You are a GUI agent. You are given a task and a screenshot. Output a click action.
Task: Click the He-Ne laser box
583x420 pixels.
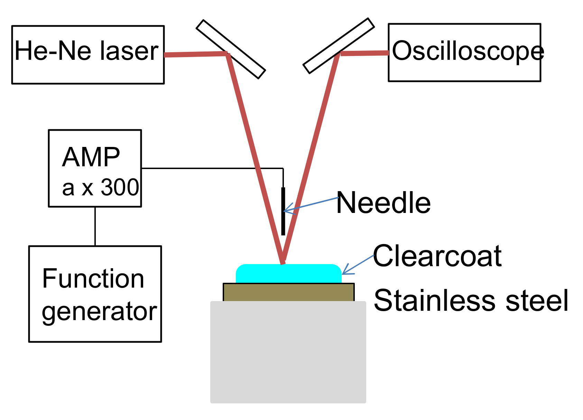(88, 55)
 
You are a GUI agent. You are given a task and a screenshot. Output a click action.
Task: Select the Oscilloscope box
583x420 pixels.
(464, 53)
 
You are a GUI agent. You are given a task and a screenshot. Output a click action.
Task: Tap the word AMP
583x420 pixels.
(91, 157)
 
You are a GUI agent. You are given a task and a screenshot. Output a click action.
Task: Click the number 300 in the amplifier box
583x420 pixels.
(120, 188)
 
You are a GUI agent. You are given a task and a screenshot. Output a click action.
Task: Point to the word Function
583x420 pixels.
(93, 279)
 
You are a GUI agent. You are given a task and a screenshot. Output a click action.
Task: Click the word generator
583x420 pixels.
(99, 311)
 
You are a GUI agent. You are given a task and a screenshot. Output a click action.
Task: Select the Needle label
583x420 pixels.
(383, 203)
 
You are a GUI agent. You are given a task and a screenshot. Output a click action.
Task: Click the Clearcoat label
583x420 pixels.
(437, 256)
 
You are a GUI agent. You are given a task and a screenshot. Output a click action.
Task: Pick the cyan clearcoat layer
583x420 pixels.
(288, 274)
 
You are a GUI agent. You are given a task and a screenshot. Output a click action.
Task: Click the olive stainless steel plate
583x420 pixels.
(288, 292)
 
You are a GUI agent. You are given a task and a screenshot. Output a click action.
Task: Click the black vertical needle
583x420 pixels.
(283, 221)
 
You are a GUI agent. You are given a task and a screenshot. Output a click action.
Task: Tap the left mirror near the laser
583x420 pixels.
(231, 49)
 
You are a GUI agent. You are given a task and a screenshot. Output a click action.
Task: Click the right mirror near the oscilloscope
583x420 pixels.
(339, 46)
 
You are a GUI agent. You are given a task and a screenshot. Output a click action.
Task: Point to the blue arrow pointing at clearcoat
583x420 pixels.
(358, 265)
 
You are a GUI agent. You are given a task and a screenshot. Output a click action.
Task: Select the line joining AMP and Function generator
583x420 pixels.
(95, 226)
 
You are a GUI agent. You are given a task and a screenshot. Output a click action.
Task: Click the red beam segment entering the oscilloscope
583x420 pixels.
(364, 53)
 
